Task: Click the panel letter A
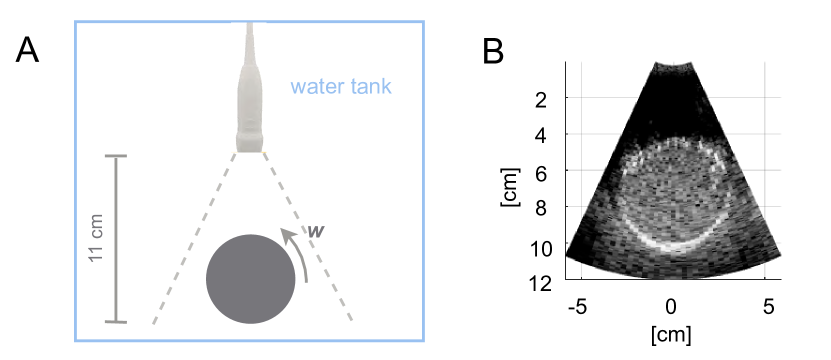click(x=27, y=51)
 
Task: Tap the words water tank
click(x=341, y=86)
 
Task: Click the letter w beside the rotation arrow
click(x=315, y=231)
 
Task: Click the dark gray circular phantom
click(x=251, y=279)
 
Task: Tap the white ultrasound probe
click(x=250, y=87)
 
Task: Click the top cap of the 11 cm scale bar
click(x=116, y=156)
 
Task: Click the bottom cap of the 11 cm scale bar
click(x=116, y=322)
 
